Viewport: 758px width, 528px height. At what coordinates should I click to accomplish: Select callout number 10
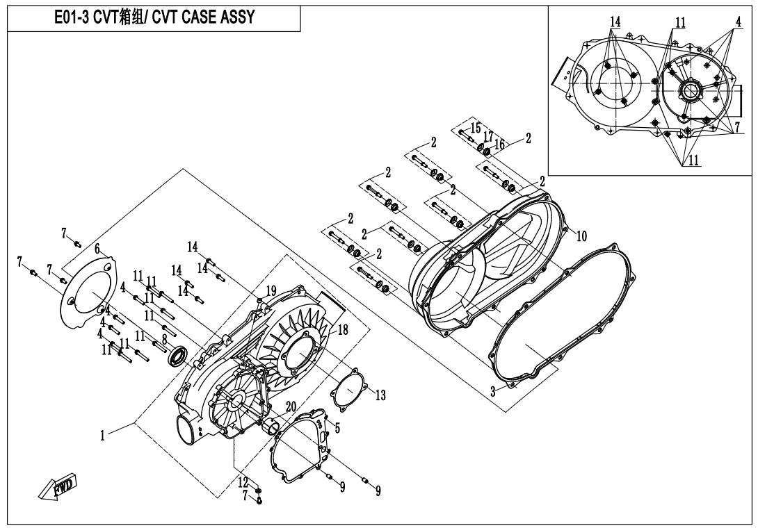pos(581,236)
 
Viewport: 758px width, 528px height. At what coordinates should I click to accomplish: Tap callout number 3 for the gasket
pos(493,391)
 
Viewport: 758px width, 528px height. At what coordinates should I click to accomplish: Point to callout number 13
pos(380,395)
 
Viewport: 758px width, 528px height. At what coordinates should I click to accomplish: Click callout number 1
pos(102,435)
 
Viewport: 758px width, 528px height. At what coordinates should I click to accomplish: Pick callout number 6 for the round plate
pos(97,249)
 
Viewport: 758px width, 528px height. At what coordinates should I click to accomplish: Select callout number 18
pos(343,330)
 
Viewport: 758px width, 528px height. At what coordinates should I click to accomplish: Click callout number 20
pos(290,406)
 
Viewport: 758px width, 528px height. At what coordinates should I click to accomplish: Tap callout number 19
pos(271,291)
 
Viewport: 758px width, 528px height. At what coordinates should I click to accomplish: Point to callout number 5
pos(337,427)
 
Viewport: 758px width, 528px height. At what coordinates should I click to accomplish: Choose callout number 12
pos(243,481)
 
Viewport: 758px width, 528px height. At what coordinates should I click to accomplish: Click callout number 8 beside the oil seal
pos(164,339)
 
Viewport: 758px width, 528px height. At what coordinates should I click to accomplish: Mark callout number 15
pos(476,128)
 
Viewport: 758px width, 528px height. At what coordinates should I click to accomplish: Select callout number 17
pos(487,136)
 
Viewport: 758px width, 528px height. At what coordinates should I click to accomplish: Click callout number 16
pos(499,144)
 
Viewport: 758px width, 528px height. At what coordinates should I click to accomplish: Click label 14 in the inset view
pos(615,22)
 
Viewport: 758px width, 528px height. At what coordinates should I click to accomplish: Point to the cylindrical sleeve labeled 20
pos(271,427)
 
